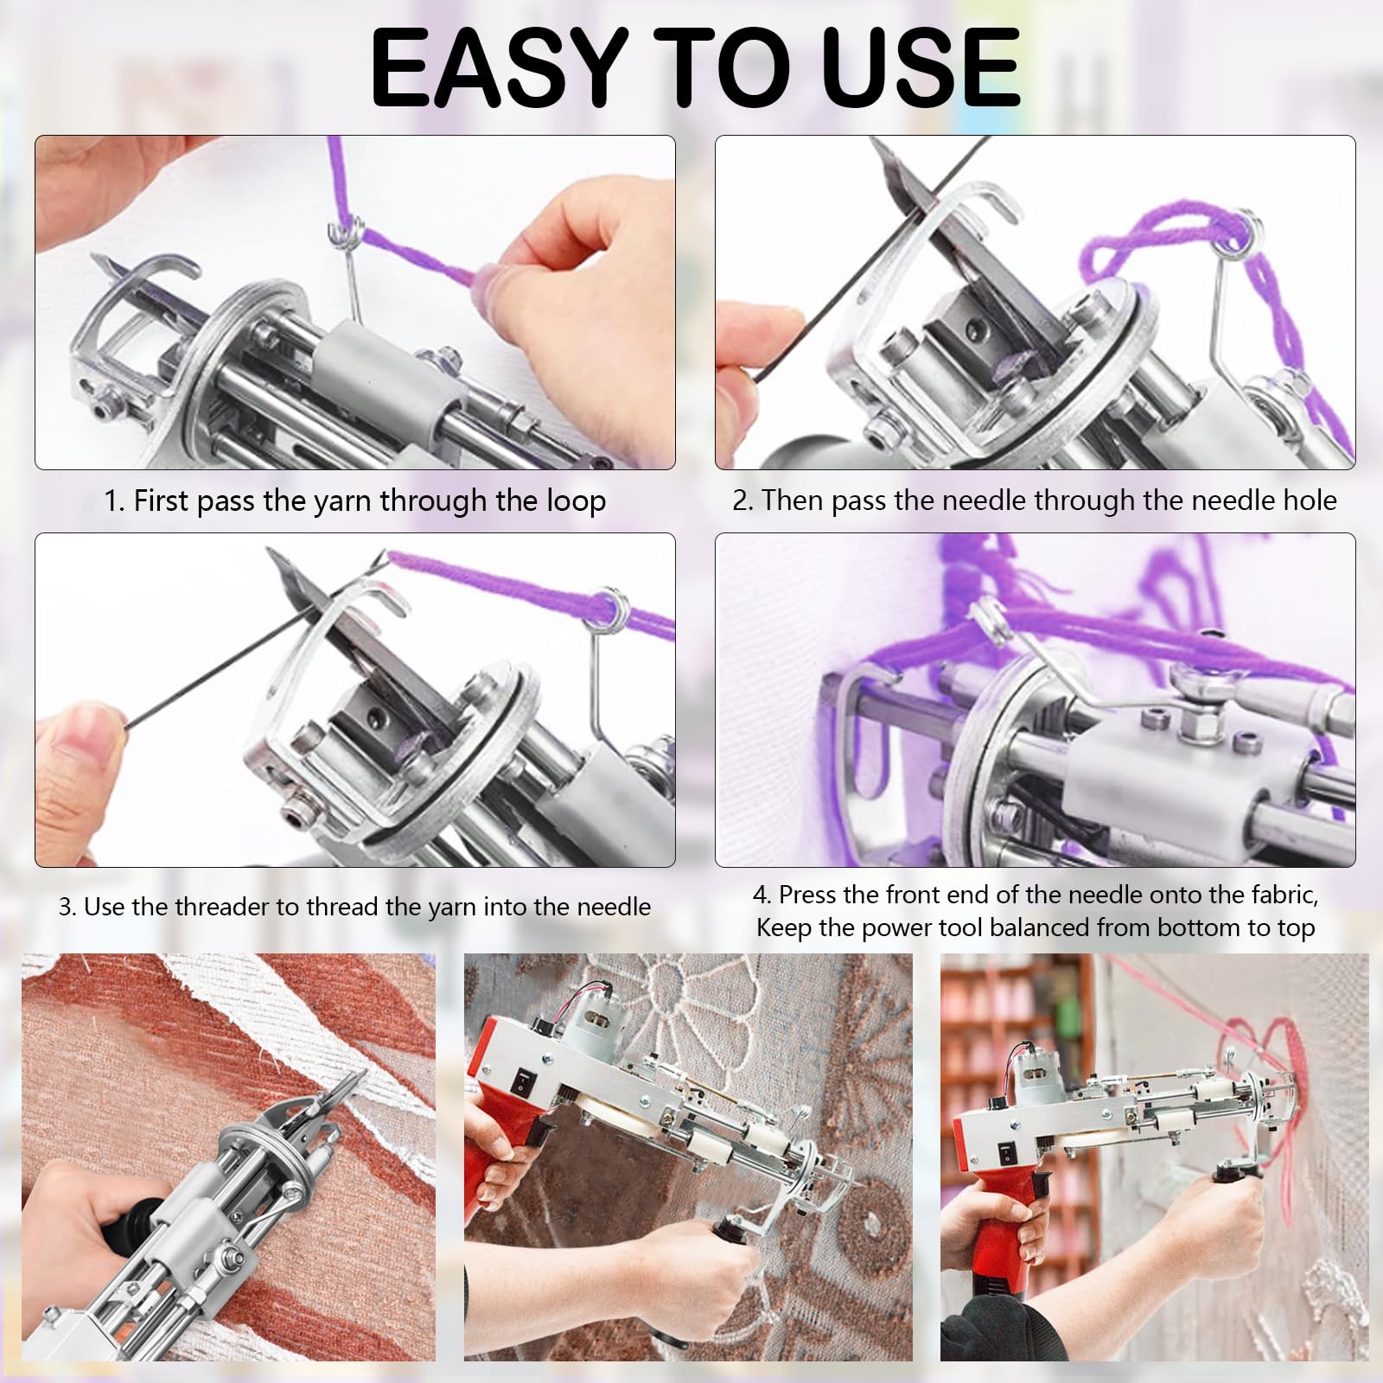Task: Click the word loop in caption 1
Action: point(573,501)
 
